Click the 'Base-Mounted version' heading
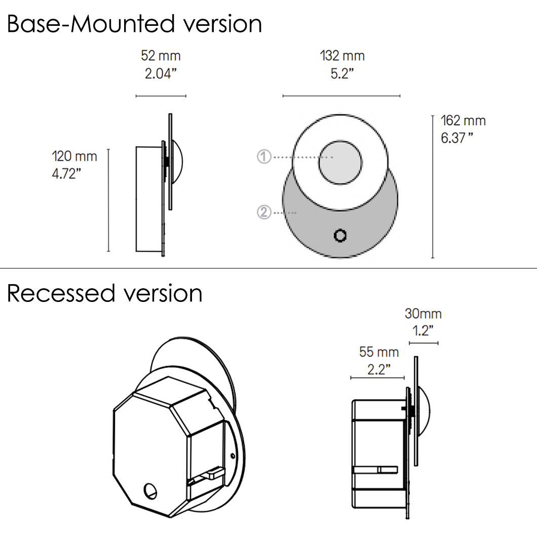point(134,24)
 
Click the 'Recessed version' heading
point(104,293)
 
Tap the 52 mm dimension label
point(161,56)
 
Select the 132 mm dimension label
point(342,56)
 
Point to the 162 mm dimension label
point(463,121)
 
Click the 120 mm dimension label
point(74,156)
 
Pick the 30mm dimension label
point(423,314)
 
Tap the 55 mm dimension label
point(379,352)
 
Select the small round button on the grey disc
point(340,236)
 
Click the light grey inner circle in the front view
point(340,163)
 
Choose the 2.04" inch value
point(161,73)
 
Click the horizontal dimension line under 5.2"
point(341,95)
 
